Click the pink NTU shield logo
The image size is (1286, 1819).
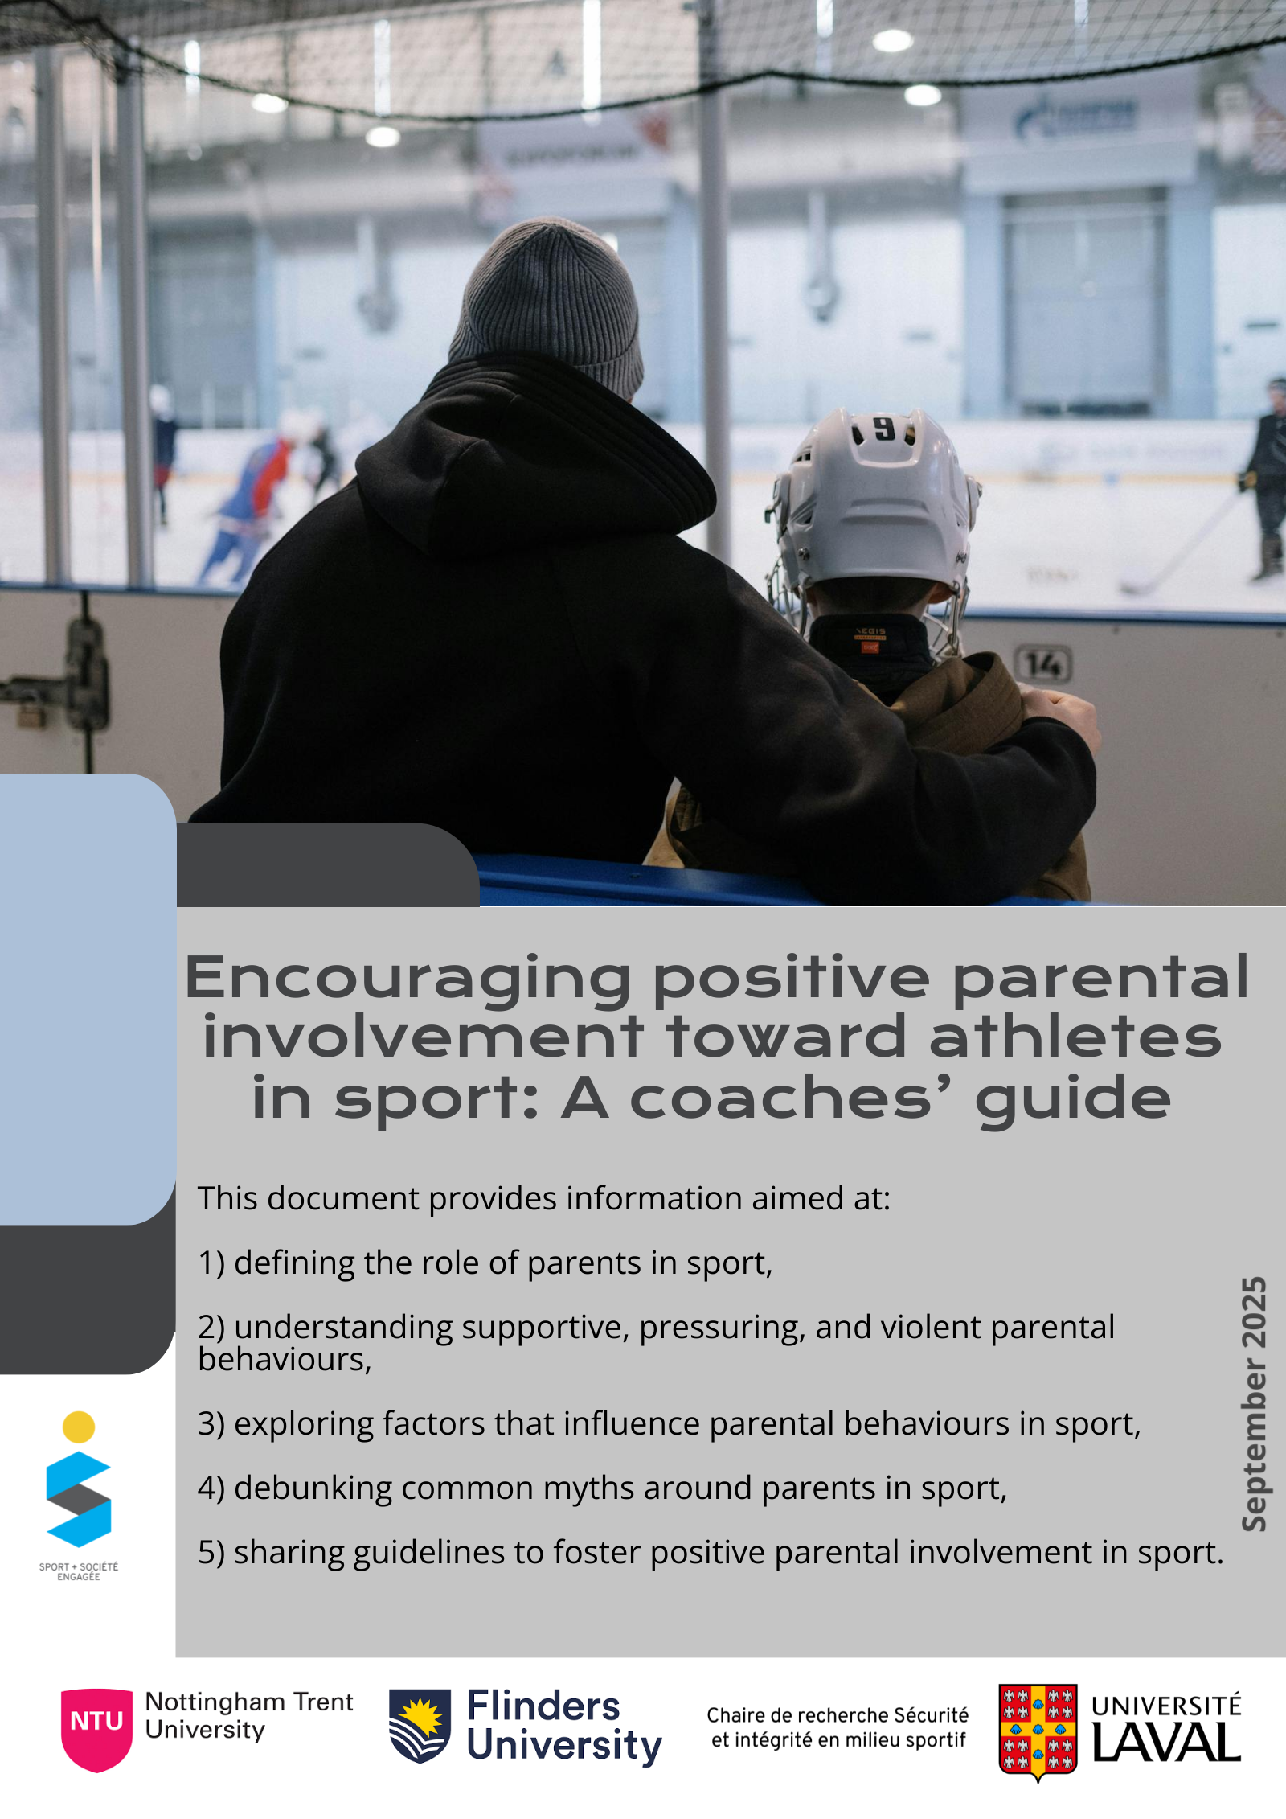coord(96,1729)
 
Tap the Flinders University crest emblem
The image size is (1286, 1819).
coord(420,1726)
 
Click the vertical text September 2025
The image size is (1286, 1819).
coord(1254,1403)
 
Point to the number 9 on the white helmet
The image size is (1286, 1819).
coord(884,428)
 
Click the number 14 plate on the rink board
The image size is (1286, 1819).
coord(1043,664)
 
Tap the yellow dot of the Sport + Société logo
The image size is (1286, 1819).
coord(79,1427)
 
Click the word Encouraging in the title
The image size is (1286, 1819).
coord(408,979)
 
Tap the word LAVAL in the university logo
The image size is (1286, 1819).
coord(1166,1743)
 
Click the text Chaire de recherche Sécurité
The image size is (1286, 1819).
coord(838,1714)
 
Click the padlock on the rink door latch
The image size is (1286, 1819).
coord(32,713)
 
